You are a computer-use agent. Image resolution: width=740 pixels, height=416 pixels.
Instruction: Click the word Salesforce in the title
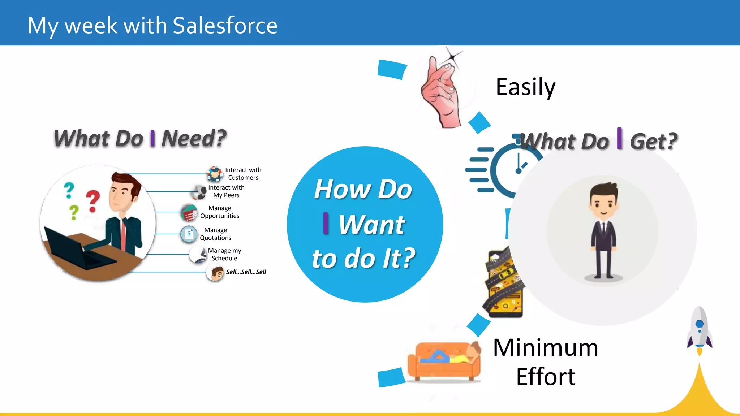(225, 26)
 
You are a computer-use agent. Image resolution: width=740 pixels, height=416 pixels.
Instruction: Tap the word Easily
(525, 87)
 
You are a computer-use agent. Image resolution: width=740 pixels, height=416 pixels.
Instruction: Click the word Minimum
(546, 347)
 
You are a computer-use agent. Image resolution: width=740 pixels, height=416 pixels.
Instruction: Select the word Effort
(546, 377)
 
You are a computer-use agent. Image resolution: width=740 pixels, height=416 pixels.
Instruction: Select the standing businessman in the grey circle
(603, 231)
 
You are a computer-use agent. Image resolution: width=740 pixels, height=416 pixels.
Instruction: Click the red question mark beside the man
(93, 201)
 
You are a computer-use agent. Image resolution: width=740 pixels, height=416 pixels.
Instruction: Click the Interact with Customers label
(243, 174)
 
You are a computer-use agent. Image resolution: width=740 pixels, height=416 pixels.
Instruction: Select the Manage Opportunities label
(220, 212)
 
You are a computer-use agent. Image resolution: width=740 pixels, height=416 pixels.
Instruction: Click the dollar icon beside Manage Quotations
(189, 234)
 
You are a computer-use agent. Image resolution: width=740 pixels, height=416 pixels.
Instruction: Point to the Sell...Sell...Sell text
(246, 272)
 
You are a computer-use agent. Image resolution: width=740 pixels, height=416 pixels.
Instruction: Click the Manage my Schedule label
(224, 254)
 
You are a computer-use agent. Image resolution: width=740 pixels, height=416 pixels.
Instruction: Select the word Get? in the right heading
(653, 141)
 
